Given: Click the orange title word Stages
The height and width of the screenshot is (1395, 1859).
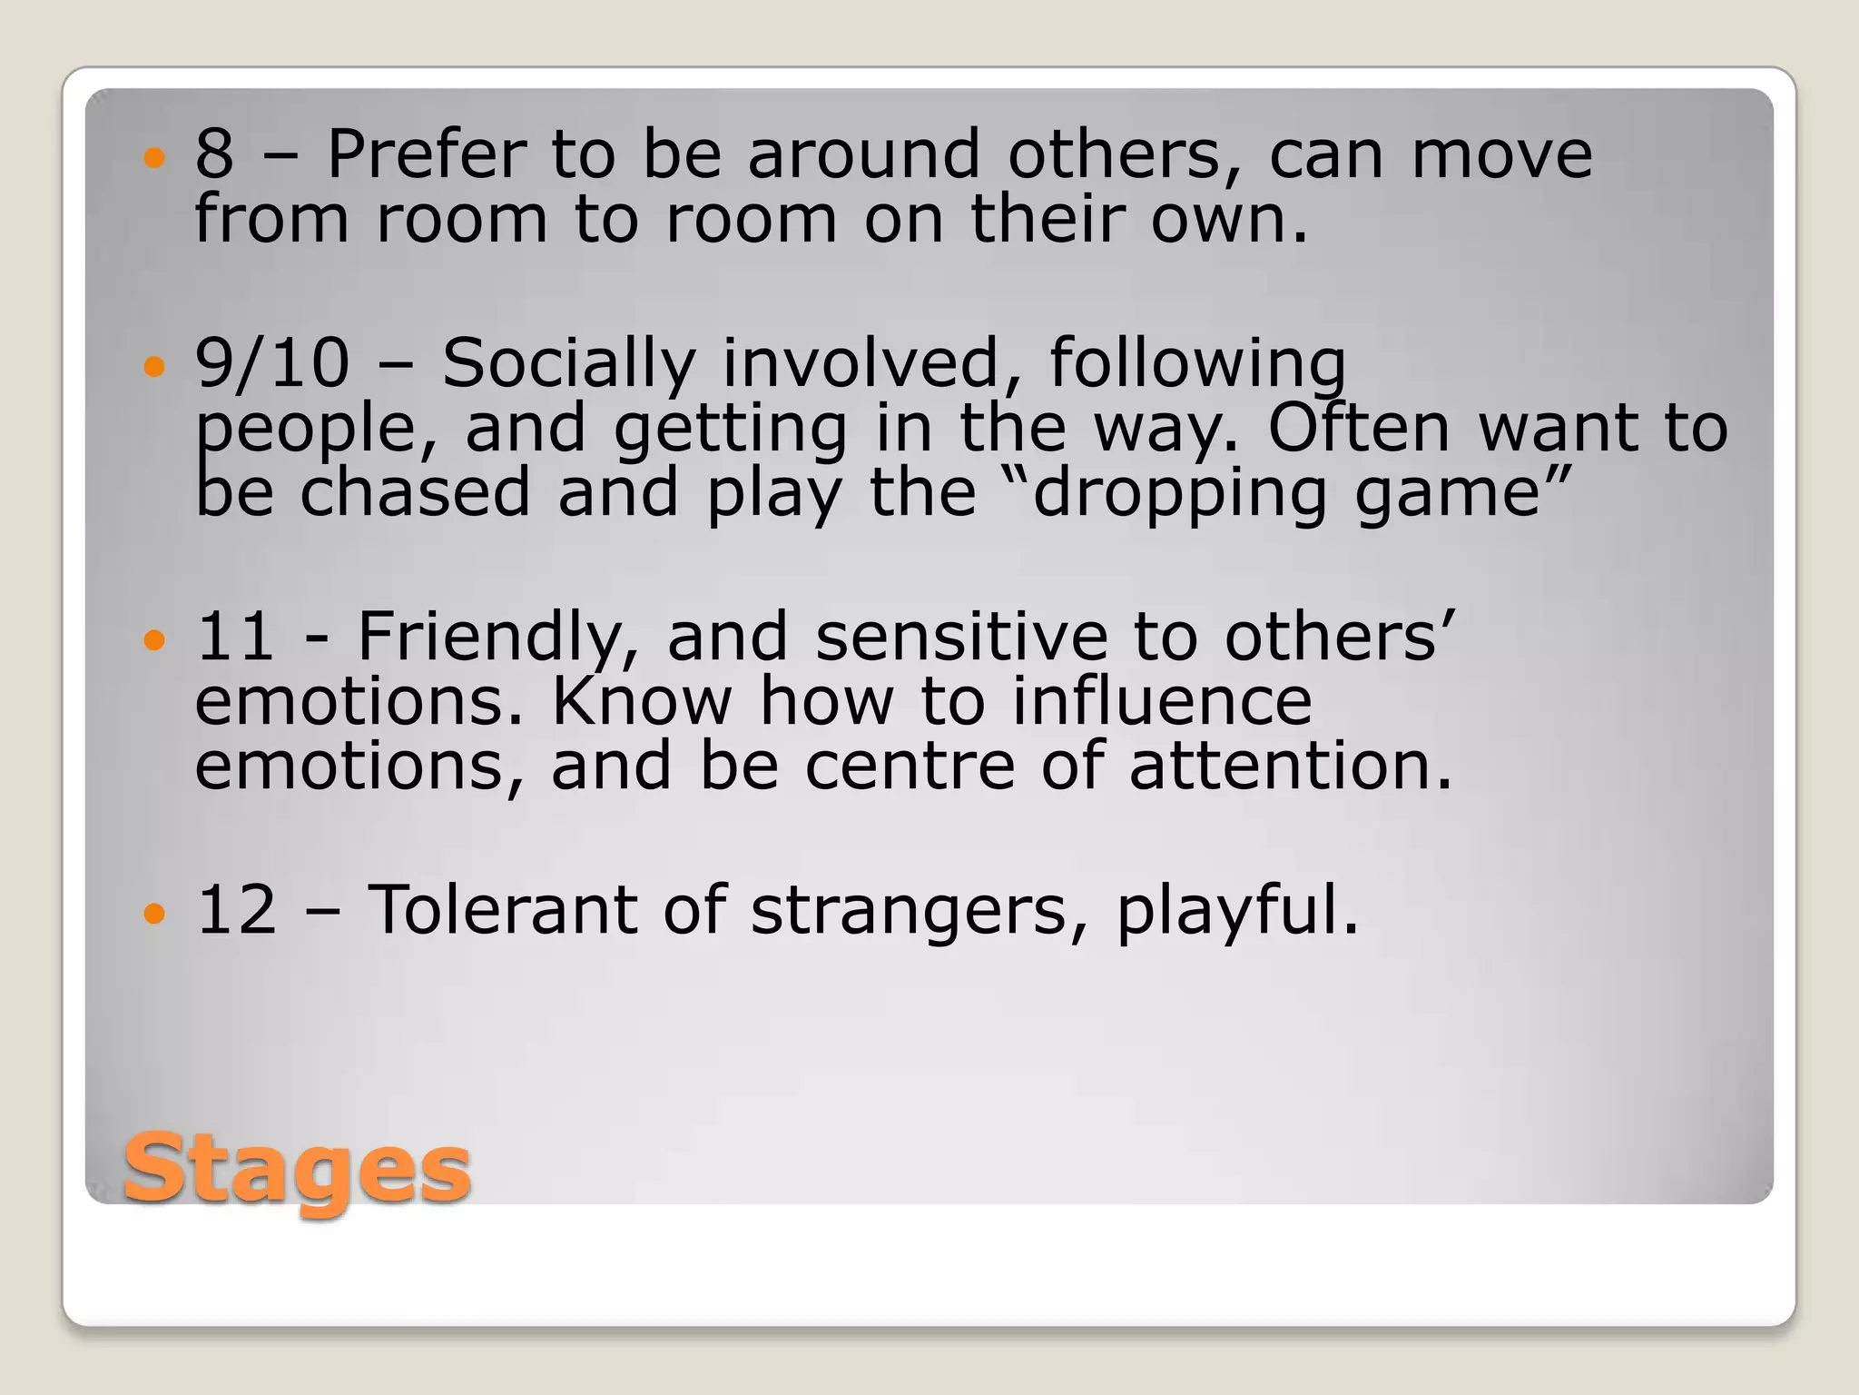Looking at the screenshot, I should (297, 1169).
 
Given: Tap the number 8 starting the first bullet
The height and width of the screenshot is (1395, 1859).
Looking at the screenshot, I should (214, 153).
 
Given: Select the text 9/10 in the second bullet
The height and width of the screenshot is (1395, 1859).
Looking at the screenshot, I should (272, 363).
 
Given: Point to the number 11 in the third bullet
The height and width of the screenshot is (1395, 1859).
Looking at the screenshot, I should (235, 636).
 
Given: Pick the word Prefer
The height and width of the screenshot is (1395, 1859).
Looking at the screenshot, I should (426, 153).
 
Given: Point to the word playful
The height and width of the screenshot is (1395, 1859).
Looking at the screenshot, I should (1236, 911).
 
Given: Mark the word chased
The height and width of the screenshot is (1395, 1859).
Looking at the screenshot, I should (415, 491).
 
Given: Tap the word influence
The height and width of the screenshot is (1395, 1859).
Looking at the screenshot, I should (1162, 701).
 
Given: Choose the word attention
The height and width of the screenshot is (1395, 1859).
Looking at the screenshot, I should (1289, 766).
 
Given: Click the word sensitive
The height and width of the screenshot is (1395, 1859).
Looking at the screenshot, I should (960, 636).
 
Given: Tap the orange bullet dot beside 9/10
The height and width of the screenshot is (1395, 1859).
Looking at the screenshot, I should (155, 367).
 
